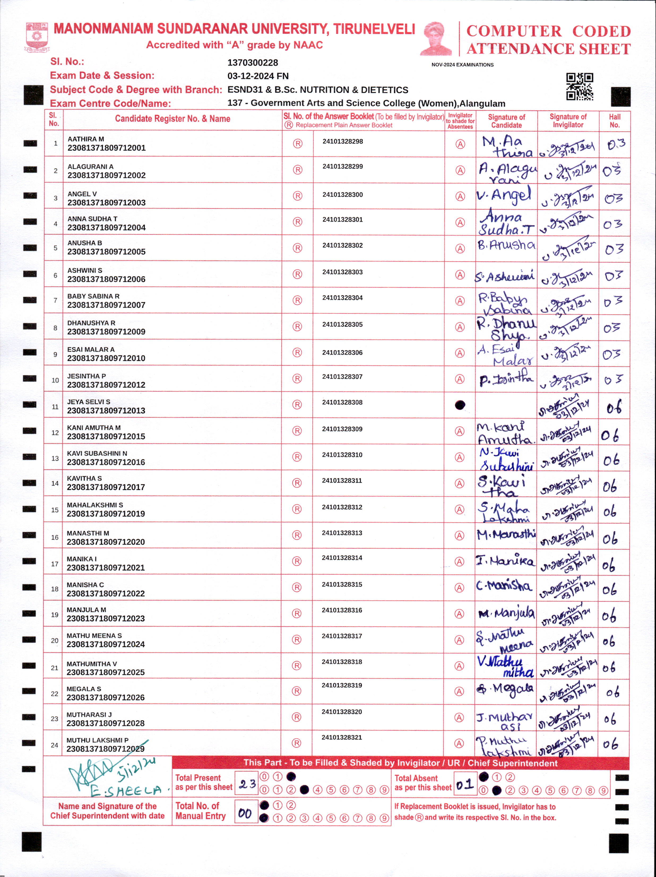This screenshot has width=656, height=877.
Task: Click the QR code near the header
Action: tap(579, 86)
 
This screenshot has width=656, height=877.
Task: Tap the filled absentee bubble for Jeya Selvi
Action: tap(460, 405)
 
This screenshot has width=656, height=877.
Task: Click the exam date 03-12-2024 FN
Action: tap(258, 76)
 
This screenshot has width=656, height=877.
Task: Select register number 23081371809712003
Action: tap(106, 203)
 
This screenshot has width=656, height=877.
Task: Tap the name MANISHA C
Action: tap(85, 585)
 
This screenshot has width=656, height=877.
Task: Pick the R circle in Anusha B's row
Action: tap(297, 248)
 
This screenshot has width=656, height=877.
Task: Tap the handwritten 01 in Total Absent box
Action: tap(464, 784)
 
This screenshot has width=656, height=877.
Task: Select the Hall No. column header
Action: tap(614, 121)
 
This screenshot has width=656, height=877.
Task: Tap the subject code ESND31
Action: tap(245, 90)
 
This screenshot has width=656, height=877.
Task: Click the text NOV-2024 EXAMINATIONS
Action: tap(462, 65)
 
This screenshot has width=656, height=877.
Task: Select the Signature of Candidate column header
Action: tap(506, 121)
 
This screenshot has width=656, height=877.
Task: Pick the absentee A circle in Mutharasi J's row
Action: tap(459, 718)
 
